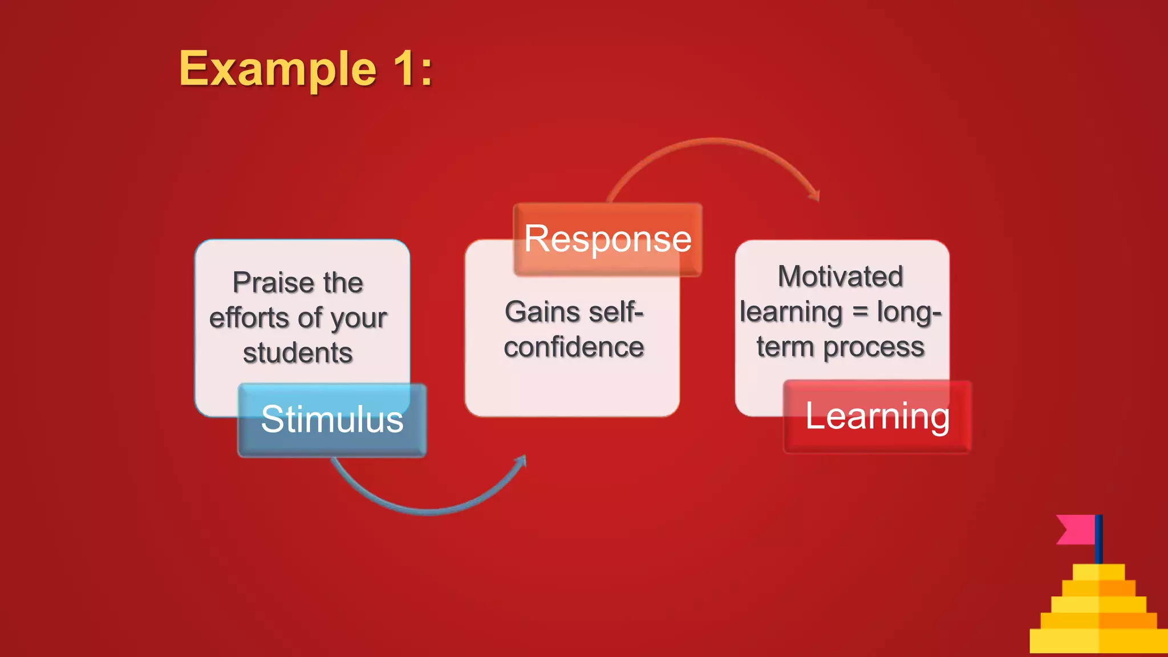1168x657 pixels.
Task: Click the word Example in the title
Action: pos(278,69)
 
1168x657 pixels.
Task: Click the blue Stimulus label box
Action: pos(332,420)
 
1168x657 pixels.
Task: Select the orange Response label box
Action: pos(608,239)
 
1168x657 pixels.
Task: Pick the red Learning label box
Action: pos(877,416)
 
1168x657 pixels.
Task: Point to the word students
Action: pos(298,353)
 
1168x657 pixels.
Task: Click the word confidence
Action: pos(574,347)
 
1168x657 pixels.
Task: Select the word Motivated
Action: pos(841,277)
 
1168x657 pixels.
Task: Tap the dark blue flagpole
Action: pos(1098,539)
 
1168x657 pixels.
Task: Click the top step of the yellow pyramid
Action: pos(1098,571)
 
